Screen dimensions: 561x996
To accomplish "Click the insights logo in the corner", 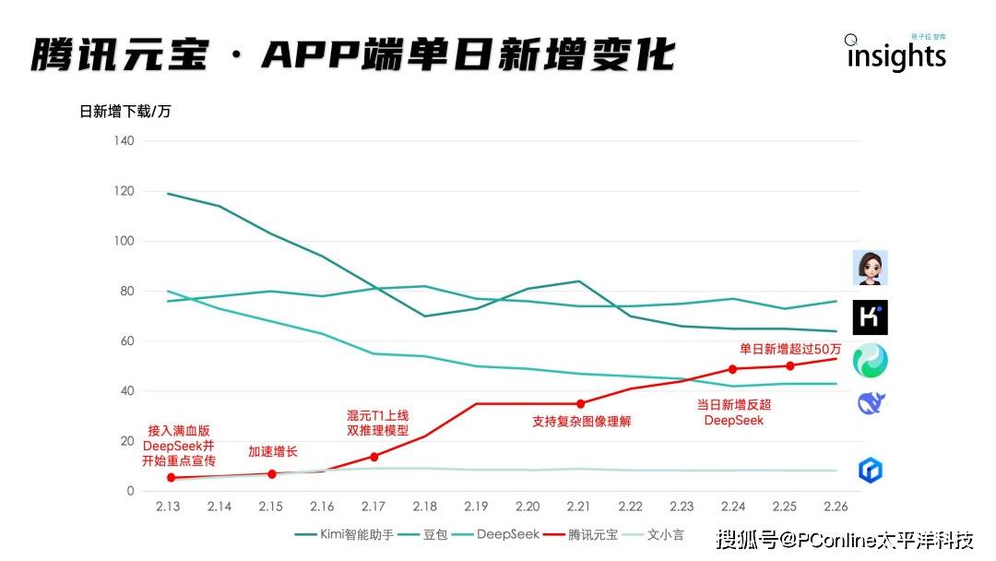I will pos(895,55).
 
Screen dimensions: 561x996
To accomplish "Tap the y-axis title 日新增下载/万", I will pos(125,112).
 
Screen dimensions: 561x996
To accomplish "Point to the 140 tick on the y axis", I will pos(125,141).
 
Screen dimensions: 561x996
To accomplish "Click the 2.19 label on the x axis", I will pos(476,507).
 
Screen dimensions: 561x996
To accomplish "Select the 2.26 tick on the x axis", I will pos(836,507).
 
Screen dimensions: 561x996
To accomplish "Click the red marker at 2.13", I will pos(171,477).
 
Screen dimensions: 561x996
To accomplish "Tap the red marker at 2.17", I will pos(373,457).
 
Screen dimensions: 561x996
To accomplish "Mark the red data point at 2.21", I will pos(580,403).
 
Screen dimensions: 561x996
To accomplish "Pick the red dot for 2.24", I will pos(732,369).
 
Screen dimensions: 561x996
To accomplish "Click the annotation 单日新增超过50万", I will pos(790,349).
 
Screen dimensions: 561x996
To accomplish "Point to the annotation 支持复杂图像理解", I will pos(581,422).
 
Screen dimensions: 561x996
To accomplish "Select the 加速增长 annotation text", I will pos(273,451).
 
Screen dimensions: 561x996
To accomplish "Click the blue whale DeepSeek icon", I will pos(871,403).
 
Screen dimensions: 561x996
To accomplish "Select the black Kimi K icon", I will pos(870,317).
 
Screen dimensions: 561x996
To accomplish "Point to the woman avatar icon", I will pos(870,268).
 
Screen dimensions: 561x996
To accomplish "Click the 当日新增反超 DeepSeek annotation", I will pos(734,412).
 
